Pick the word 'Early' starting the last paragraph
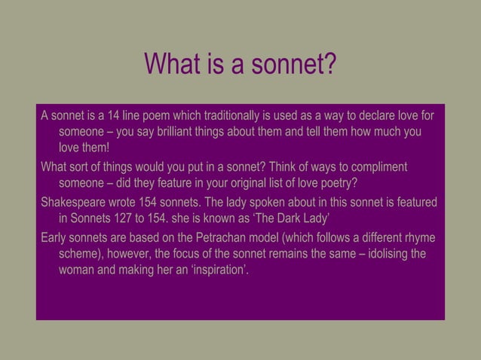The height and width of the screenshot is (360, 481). tap(54, 239)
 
